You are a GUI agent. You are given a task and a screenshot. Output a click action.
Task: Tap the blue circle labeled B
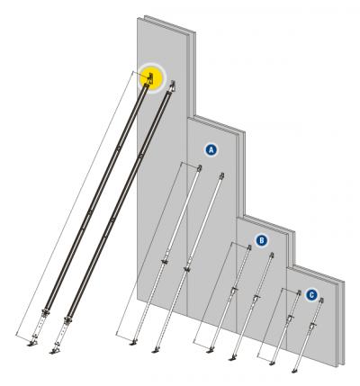[262, 240]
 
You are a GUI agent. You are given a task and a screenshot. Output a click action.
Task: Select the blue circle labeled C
[311, 294]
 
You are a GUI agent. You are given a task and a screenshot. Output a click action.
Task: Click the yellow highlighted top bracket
[148, 78]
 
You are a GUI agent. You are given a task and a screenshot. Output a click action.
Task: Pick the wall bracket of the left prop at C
[298, 294]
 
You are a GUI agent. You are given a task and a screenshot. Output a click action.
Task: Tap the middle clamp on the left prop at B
[232, 290]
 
